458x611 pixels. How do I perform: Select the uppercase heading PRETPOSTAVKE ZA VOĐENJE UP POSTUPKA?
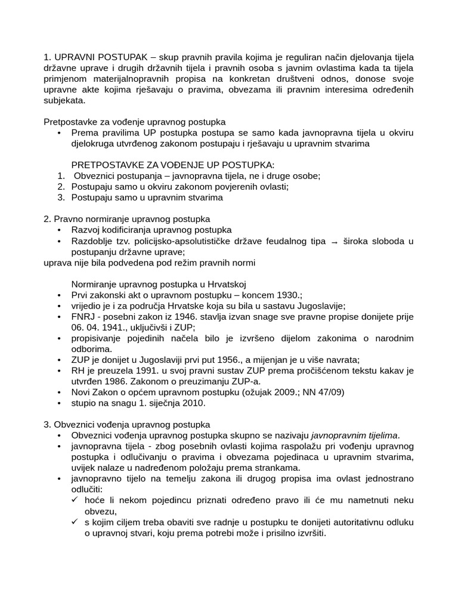173,165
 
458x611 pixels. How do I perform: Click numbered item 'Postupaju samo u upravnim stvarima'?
147,198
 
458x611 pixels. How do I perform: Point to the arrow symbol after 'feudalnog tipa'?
334,242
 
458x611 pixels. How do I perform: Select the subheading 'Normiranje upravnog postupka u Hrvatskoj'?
159,284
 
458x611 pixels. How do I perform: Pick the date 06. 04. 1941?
98,328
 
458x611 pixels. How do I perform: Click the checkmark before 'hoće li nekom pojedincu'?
75,500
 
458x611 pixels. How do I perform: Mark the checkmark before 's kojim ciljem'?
75,521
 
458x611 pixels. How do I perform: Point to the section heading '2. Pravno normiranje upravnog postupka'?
126,219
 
